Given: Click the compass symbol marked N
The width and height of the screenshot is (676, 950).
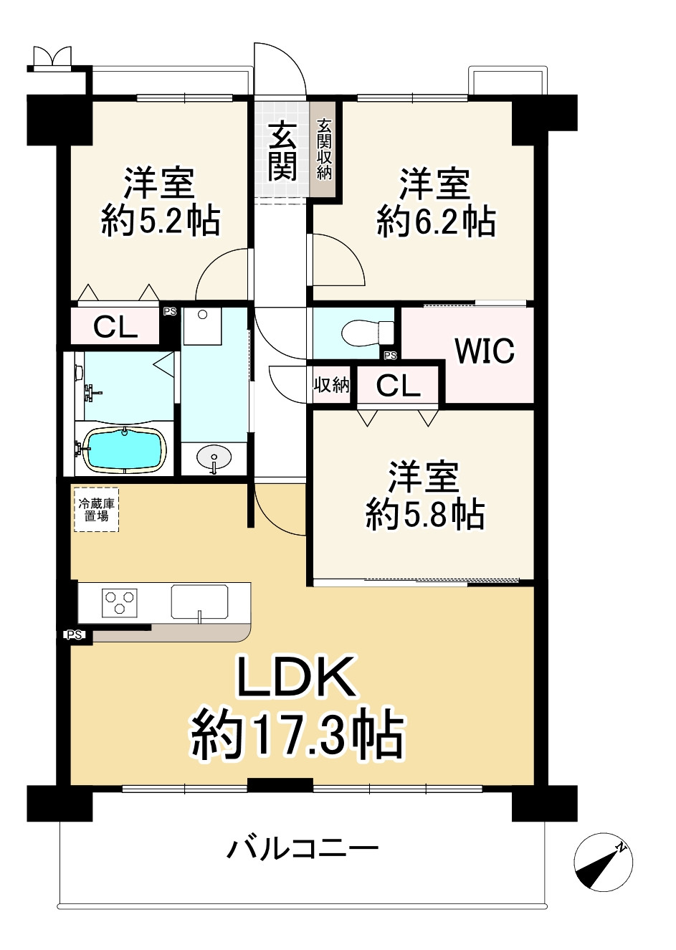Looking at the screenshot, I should point(604,863).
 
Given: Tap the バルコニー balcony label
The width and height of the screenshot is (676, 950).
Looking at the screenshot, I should point(303,850).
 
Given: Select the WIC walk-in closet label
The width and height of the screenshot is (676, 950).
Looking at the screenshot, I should point(485,351).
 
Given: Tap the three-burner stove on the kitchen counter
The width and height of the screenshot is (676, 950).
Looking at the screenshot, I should point(120,602).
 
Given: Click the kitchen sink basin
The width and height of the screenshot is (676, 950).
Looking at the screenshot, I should point(199,602).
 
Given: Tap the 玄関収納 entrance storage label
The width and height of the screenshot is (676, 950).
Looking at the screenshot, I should point(325,148).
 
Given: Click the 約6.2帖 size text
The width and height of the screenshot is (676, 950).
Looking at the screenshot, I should point(436,222).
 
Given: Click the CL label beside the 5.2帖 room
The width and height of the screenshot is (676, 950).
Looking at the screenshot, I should point(116,328).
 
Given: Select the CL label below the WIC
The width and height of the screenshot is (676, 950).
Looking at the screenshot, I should point(399,386).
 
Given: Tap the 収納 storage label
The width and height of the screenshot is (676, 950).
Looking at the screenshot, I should point(332,385).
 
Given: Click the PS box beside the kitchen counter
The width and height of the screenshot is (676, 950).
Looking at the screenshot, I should point(74,635).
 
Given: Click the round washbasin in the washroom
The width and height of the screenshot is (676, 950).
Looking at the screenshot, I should point(213,457).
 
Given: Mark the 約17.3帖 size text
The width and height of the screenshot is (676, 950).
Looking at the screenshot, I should point(297,736).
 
